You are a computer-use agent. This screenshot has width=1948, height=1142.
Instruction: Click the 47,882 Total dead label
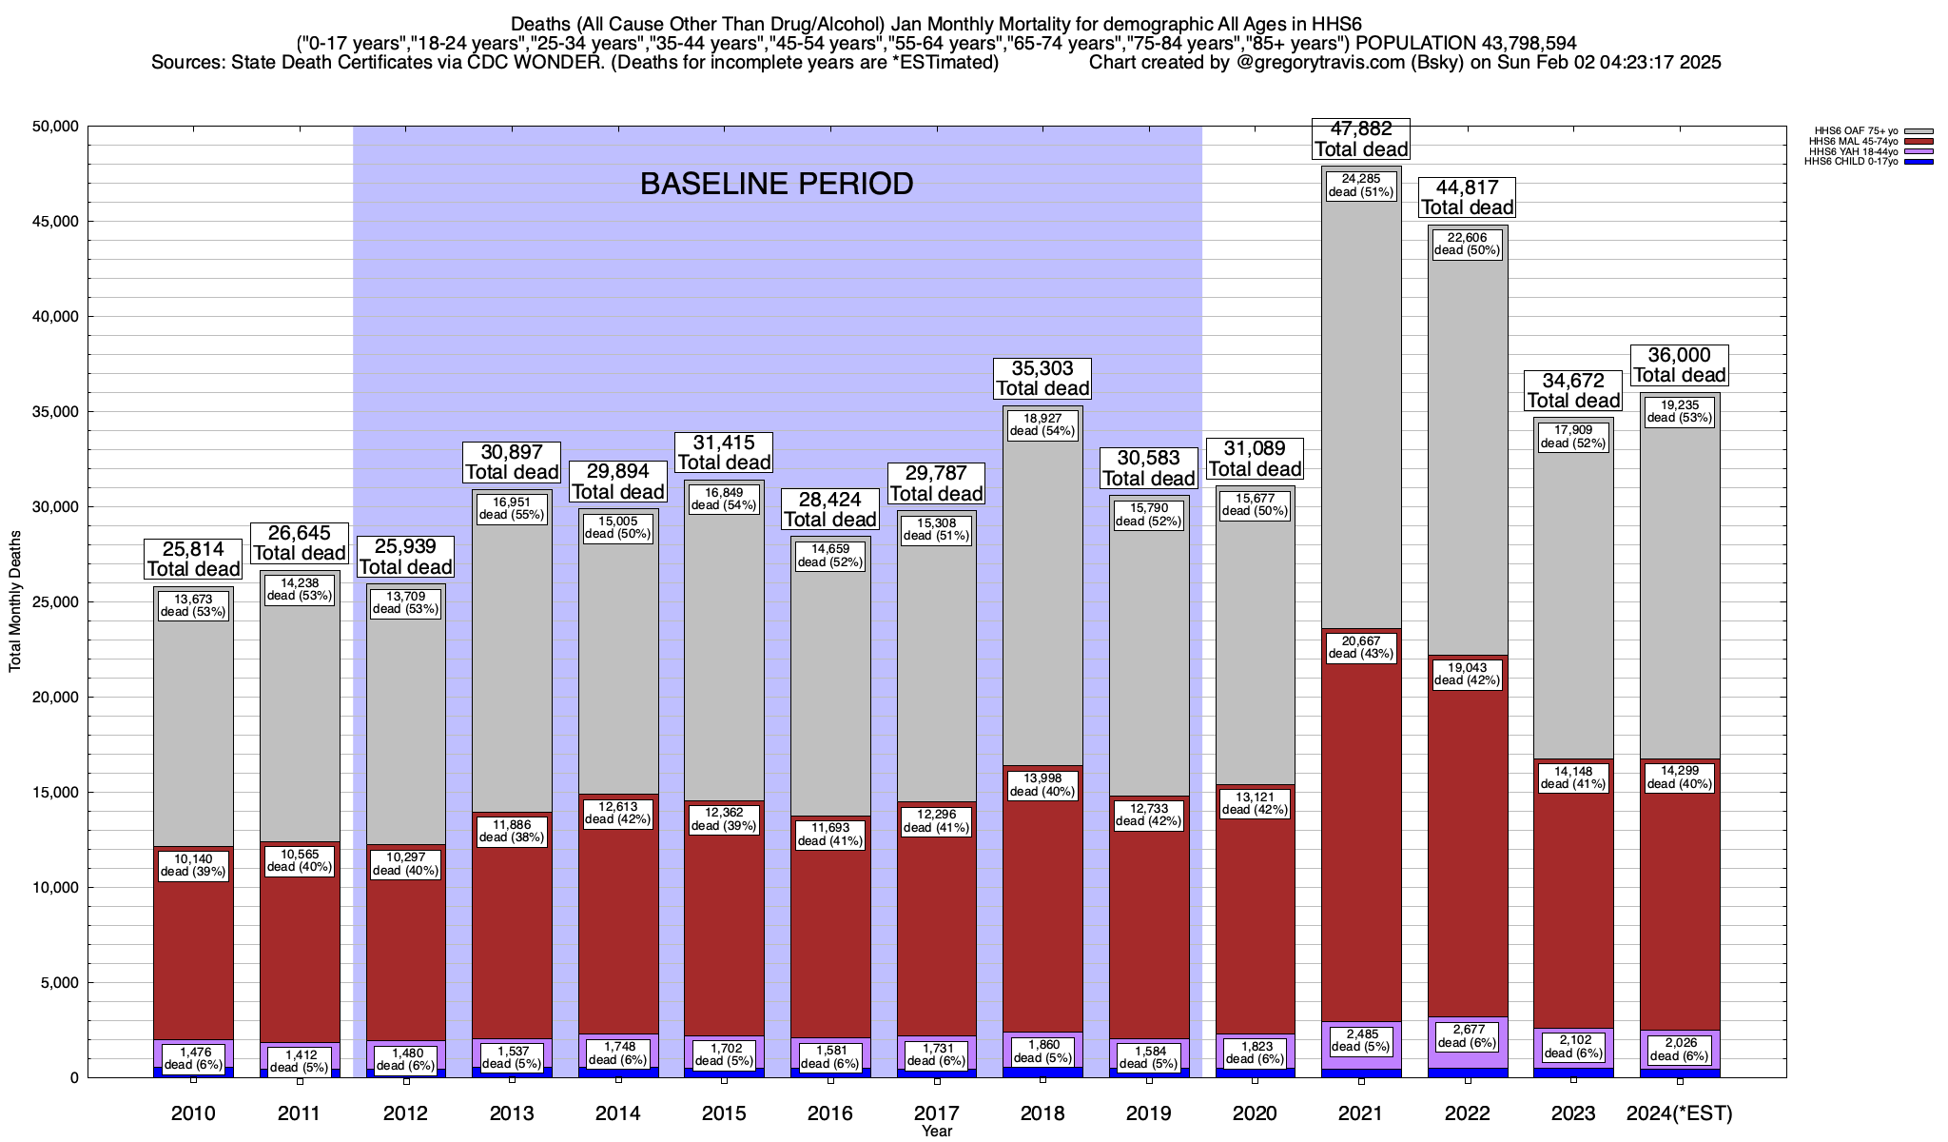click(1361, 139)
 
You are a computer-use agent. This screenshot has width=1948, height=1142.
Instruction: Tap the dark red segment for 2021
click(1361, 856)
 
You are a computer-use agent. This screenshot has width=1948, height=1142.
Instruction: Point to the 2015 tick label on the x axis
click(724, 1113)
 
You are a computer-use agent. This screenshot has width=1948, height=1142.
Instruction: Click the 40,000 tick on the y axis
click(54, 317)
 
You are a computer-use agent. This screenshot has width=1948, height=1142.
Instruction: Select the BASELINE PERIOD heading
click(776, 184)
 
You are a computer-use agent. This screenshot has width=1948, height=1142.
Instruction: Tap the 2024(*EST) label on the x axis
click(1680, 1113)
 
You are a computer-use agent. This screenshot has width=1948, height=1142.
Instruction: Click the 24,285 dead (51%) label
click(1361, 185)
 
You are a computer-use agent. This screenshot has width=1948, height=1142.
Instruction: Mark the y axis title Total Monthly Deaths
click(15, 615)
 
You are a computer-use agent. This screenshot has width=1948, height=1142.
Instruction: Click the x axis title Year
click(936, 1132)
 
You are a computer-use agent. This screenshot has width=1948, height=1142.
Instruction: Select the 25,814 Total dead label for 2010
click(193, 559)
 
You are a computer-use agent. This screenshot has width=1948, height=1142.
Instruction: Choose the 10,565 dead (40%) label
click(300, 859)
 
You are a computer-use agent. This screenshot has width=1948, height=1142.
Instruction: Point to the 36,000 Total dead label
click(1680, 364)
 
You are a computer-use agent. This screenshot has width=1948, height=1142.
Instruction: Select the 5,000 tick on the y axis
click(58, 983)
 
